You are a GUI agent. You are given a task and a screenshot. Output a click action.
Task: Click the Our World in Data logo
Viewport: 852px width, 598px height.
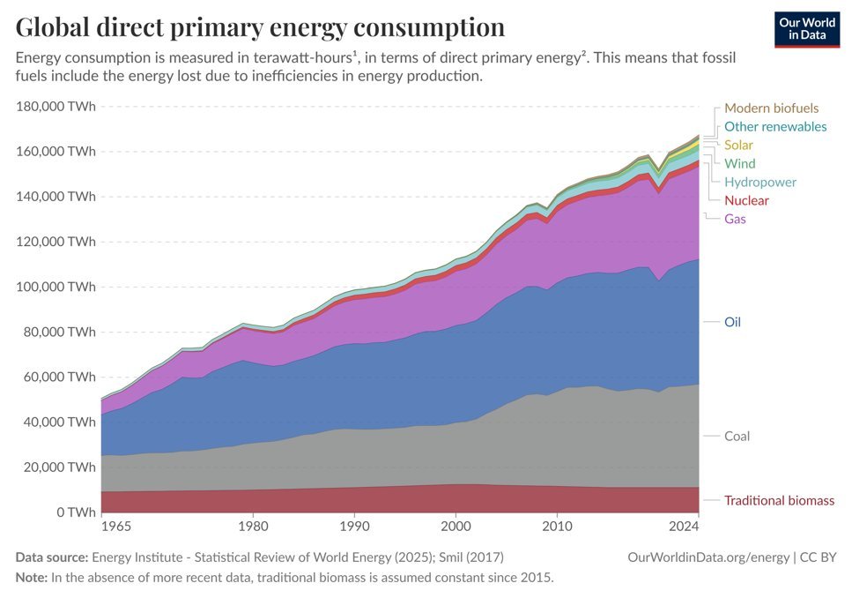(x=807, y=29)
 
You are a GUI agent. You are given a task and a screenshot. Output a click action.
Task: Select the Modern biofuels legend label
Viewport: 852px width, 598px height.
(x=771, y=108)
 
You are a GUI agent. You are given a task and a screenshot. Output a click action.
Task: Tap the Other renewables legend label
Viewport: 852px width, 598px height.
(x=775, y=127)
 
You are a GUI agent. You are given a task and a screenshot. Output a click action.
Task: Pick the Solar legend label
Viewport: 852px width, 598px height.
(x=738, y=146)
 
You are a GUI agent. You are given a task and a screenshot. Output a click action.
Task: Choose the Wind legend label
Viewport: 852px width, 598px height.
(x=739, y=164)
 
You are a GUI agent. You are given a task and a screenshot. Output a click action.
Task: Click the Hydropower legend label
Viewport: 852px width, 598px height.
(x=760, y=183)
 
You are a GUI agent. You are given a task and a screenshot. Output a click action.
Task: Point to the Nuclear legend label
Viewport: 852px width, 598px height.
(x=746, y=201)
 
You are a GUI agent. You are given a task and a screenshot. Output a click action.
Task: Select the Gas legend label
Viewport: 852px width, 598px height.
(x=735, y=219)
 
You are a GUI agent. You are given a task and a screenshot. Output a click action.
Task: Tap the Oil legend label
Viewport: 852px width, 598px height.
(x=732, y=322)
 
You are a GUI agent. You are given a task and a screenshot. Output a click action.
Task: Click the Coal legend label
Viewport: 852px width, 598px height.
(x=737, y=437)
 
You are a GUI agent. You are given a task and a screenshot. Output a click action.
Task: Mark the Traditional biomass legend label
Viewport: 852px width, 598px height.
(x=779, y=501)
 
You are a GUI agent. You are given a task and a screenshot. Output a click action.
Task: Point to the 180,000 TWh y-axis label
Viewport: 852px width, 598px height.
(x=56, y=106)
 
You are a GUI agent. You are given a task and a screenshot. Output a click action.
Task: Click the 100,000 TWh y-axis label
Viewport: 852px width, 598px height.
(x=56, y=287)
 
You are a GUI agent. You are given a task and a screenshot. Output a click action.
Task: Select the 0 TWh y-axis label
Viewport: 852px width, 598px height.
(x=76, y=512)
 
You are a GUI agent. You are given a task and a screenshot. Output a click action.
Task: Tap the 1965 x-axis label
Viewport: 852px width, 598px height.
(x=116, y=527)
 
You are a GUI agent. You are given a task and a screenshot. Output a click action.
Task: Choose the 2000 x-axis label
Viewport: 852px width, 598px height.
(x=456, y=527)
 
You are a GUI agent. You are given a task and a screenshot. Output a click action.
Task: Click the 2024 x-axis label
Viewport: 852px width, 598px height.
(x=684, y=527)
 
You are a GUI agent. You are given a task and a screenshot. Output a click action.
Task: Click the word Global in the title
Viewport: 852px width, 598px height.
(x=52, y=26)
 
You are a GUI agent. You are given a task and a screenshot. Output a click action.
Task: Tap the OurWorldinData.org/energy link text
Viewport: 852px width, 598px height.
(x=708, y=557)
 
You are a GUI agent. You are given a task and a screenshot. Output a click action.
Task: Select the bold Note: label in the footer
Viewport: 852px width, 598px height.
(x=32, y=578)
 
